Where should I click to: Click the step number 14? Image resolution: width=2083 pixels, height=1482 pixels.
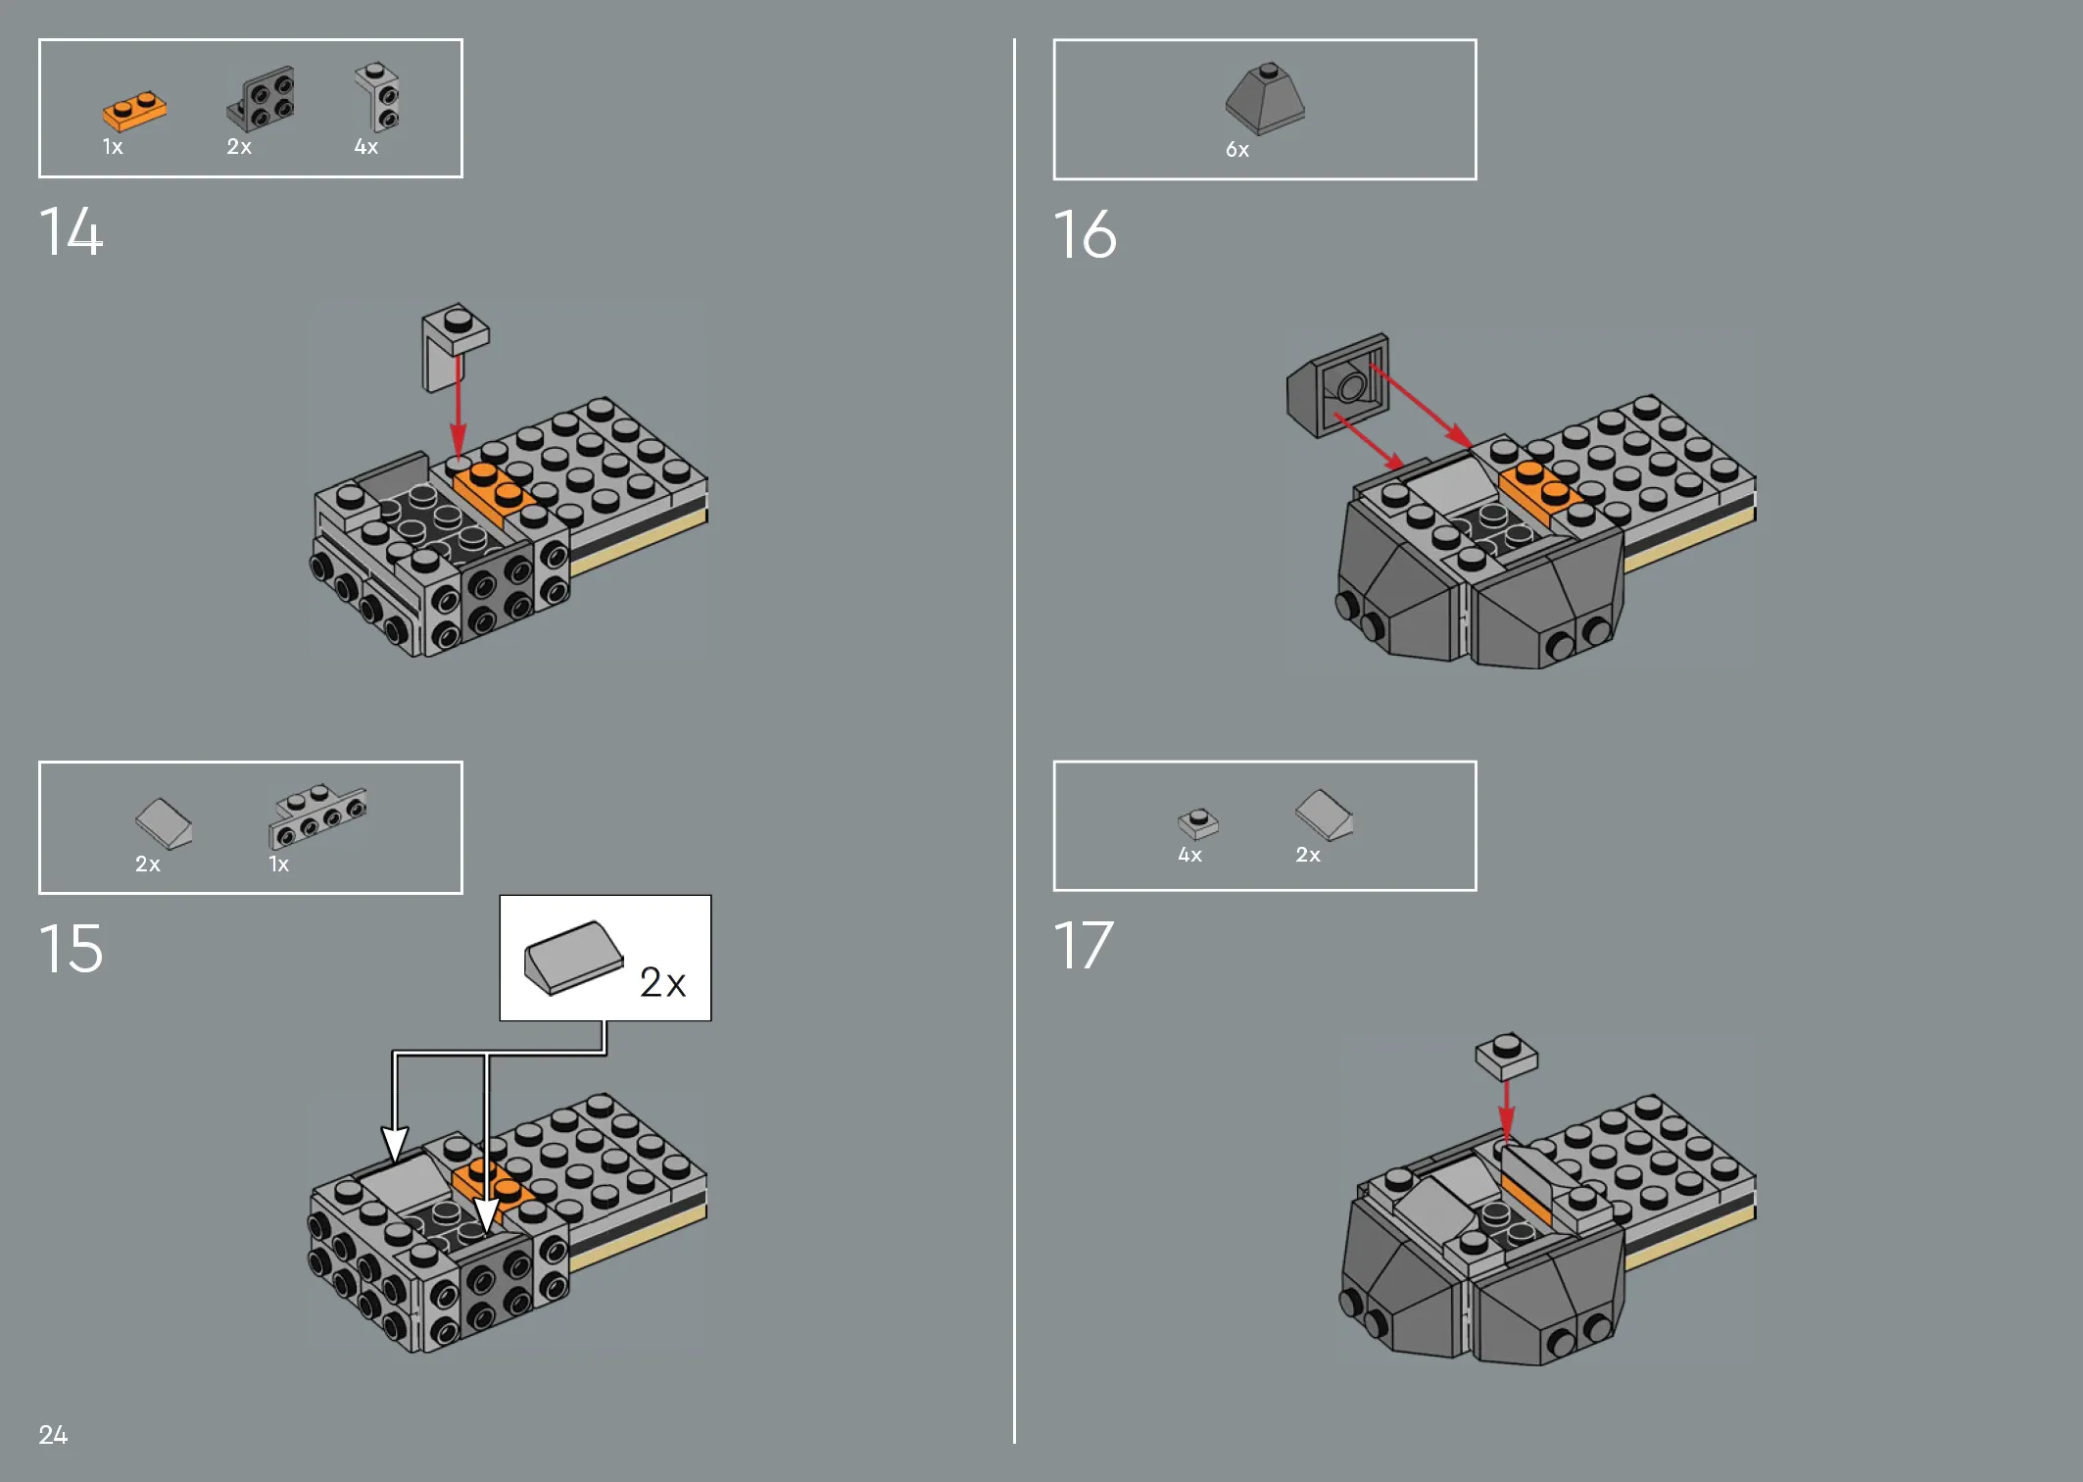(x=71, y=232)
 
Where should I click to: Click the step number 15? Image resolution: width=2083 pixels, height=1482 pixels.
(x=71, y=949)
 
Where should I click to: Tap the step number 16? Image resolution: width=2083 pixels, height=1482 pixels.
(x=1085, y=235)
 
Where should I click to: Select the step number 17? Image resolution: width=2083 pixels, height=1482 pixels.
(x=1084, y=946)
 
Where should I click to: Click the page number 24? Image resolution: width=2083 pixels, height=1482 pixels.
(x=53, y=1435)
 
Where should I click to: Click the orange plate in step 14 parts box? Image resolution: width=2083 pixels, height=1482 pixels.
(x=134, y=111)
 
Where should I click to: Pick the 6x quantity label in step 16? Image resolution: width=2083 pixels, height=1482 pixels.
(x=1237, y=150)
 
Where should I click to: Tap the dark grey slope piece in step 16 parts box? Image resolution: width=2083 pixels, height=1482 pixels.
(x=1265, y=99)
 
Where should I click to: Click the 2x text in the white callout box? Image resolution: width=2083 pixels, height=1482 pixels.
(x=662, y=982)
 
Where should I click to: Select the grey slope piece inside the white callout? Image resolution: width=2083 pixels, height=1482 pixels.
(x=573, y=957)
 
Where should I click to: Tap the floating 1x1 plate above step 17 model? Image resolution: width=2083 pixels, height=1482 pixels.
(x=1507, y=1056)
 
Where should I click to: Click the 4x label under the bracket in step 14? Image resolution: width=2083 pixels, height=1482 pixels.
(x=365, y=147)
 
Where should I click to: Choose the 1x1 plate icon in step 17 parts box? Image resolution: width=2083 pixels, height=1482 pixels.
(x=1198, y=823)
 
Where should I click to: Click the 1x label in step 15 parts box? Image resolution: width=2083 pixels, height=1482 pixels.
(x=278, y=864)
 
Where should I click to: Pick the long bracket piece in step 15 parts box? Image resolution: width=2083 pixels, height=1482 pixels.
(x=316, y=815)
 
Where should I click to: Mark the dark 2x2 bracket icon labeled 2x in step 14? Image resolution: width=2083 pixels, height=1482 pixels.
(x=261, y=98)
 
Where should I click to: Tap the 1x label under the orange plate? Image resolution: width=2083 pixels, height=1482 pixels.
(x=113, y=147)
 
